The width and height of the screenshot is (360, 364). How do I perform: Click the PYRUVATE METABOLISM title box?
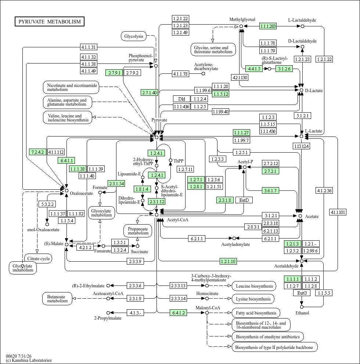pos(50,22)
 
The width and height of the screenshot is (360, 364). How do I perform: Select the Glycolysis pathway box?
pos(134,36)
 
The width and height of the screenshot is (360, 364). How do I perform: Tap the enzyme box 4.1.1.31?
pos(89,47)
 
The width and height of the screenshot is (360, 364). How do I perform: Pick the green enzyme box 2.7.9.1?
pos(114,73)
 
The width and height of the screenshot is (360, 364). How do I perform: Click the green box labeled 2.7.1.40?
pos(150,92)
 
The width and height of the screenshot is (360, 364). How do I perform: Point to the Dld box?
pos(181,99)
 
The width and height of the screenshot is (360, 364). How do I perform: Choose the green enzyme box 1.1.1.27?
pos(241,132)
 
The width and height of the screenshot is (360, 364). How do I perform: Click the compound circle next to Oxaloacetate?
pos(66,190)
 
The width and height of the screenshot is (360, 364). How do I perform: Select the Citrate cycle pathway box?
pos(38,259)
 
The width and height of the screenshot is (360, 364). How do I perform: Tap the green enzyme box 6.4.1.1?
pos(66,160)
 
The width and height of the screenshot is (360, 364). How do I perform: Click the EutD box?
pos(244,200)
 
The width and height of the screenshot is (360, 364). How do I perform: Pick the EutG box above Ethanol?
pos(302,293)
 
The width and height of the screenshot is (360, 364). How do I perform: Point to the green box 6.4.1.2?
pos(178,313)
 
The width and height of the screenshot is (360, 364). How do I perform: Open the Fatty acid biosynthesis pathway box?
pos(256,313)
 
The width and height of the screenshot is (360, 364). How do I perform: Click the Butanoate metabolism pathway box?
pos(57,299)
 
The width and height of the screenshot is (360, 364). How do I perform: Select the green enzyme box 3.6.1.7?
pos(270,190)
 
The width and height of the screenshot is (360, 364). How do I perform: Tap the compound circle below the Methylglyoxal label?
pos(241,26)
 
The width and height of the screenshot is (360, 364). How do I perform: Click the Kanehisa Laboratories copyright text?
pos(29,360)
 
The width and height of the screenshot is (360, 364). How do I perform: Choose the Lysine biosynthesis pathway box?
pos(253,299)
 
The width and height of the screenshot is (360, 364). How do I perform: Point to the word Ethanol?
pos(302,313)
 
